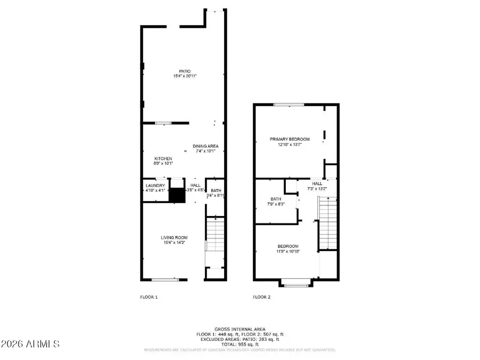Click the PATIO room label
point(185,71)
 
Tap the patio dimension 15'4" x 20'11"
point(185,76)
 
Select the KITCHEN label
point(163,158)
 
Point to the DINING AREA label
point(205,146)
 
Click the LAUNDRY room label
point(155,185)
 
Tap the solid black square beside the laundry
point(176,195)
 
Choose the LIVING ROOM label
point(174,237)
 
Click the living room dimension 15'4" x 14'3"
point(174,243)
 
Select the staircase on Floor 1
point(215,235)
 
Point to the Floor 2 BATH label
point(275,198)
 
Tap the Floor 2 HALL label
point(317,183)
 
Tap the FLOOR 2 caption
point(262,297)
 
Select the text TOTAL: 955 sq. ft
point(239,344)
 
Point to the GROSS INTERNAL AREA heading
point(239,329)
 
